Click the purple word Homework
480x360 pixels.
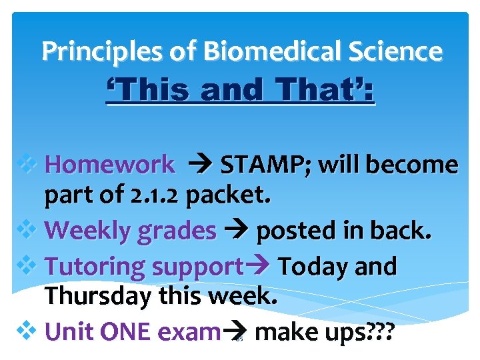[x=112, y=165]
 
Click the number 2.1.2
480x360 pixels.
[x=159, y=195]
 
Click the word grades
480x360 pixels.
[x=176, y=231]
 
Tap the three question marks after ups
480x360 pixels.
[x=374, y=331]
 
